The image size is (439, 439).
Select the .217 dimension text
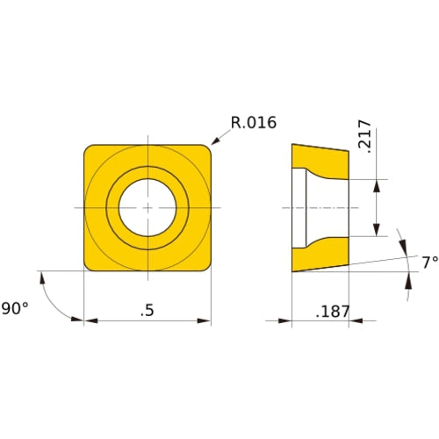click(366, 138)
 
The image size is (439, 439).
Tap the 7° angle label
click(428, 262)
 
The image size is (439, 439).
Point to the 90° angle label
click(15, 308)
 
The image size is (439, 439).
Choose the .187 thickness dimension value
click(331, 312)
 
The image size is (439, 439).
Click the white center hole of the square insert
click(148, 207)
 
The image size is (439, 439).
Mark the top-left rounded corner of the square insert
click(89, 149)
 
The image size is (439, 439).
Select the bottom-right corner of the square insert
click(207, 266)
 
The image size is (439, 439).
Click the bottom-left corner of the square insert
click(89, 266)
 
